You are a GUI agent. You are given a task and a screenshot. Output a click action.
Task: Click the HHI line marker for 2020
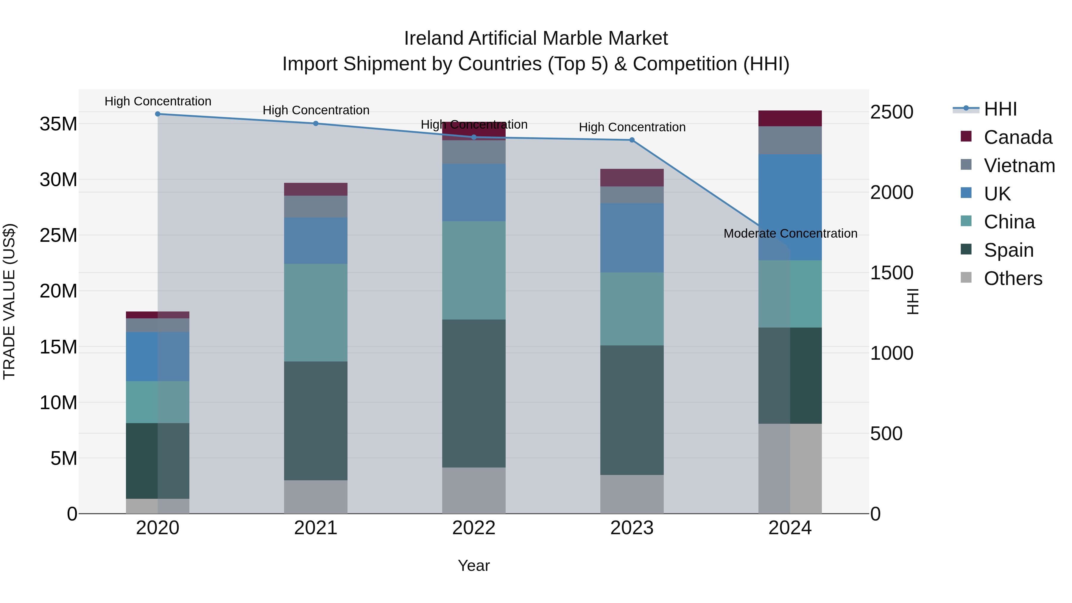pos(158,114)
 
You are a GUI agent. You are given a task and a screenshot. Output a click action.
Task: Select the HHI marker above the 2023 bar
pos(632,140)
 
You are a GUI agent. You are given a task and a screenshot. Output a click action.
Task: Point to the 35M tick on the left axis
pos(58,124)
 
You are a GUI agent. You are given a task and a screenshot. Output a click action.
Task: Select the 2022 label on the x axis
pos(473,528)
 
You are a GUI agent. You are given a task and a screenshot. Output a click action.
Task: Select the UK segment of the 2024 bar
pos(790,207)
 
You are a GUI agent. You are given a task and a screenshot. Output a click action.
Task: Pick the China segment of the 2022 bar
pos(473,270)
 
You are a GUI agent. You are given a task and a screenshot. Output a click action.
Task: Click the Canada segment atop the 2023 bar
pos(632,178)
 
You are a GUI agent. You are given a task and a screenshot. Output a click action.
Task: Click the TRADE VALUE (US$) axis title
pos(10,301)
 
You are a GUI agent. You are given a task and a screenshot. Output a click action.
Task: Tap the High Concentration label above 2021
pos(316,110)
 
